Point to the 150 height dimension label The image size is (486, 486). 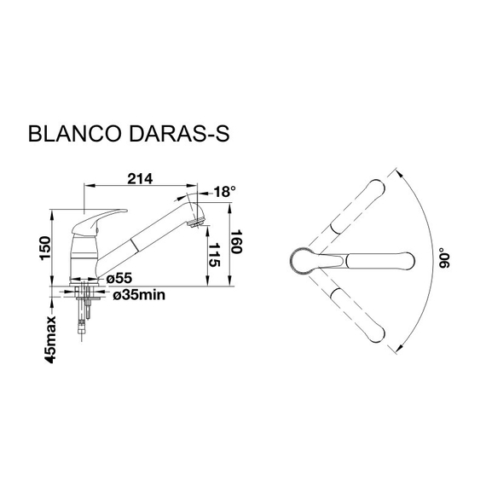[49, 247]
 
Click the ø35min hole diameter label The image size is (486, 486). [138, 295]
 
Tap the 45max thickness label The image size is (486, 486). [51, 340]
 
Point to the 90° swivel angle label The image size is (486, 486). [443, 260]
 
